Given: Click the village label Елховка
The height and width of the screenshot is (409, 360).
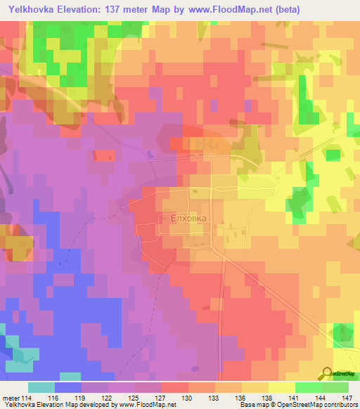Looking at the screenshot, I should [x=188, y=219].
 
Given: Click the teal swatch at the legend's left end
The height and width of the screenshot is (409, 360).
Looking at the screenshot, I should [x=41, y=387].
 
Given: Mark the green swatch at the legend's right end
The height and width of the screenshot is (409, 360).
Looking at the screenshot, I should [x=335, y=387].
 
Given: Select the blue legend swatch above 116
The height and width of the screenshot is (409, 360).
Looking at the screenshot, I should [x=68, y=387].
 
